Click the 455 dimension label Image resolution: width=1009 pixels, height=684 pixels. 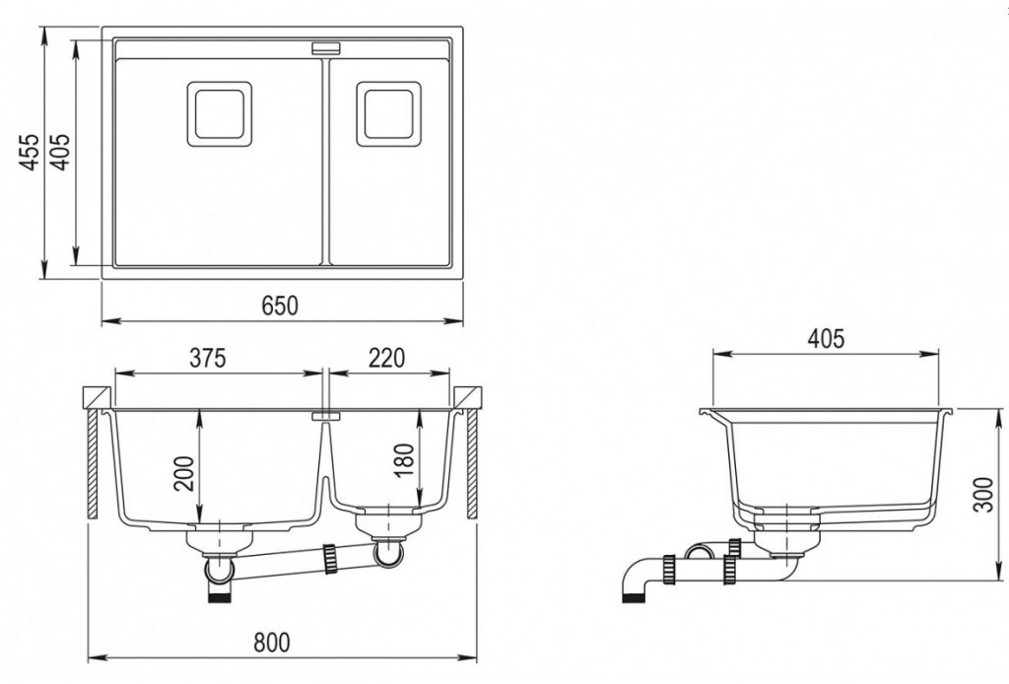tap(30, 153)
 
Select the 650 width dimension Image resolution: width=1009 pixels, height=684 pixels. tap(281, 306)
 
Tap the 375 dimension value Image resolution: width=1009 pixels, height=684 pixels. tap(208, 358)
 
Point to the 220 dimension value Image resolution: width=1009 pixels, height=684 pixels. tap(386, 358)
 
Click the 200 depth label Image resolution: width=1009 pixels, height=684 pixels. tap(186, 473)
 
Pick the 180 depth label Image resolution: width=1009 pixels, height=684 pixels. tap(405, 461)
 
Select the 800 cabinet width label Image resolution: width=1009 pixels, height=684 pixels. tap(271, 643)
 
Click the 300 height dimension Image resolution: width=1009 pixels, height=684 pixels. tap(984, 494)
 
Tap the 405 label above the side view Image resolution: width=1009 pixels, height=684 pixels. tap(826, 339)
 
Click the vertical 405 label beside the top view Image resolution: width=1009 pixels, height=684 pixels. tap(61, 153)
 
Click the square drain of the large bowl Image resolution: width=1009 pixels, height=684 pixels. tap(219, 114)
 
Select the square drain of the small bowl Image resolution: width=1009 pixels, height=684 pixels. tap(388, 114)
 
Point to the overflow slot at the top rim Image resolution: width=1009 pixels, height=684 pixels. tap(327, 47)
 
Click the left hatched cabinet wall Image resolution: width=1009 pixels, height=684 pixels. tap(93, 464)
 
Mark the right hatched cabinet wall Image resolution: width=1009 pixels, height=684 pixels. tap(473, 464)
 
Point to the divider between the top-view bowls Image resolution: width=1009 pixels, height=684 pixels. tap(325, 161)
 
